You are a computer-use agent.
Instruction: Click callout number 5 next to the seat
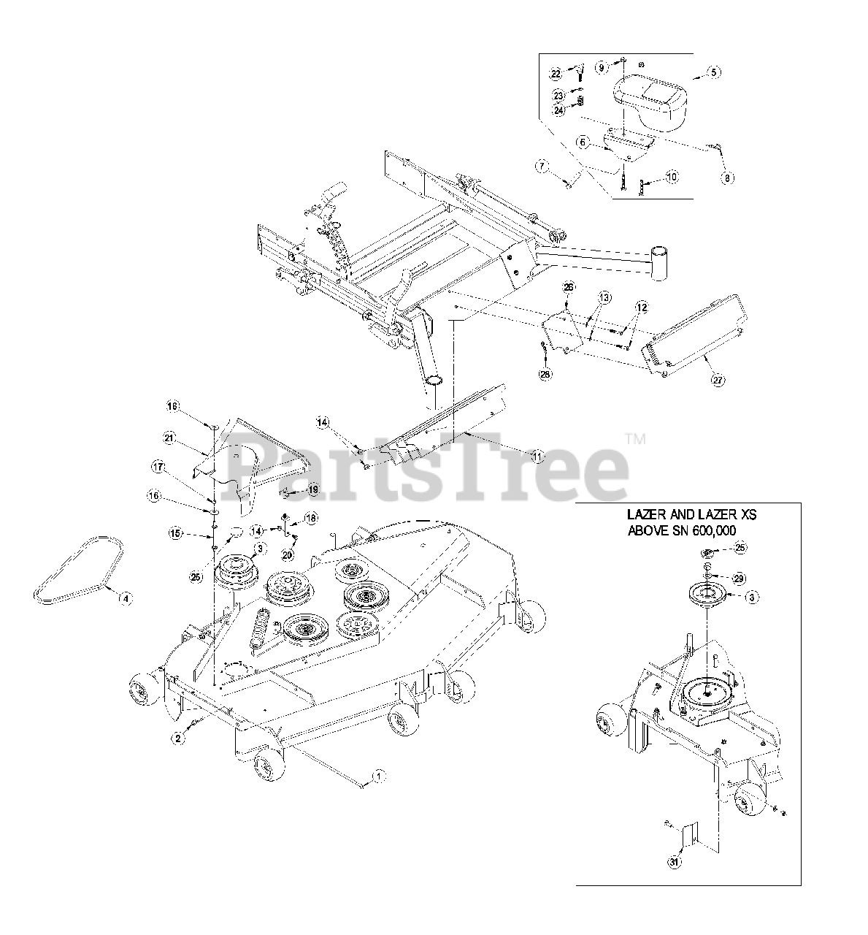click(x=714, y=72)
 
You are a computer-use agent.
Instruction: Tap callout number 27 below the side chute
click(x=718, y=381)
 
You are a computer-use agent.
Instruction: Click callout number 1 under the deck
click(x=377, y=777)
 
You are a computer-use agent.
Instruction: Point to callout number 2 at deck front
click(x=176, y=738)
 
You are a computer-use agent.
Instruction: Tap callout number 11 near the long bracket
click(x=537, y=457)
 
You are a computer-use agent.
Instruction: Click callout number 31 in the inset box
click(x=672, y=862)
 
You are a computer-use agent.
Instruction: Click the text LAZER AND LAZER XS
click(x=691, y=515)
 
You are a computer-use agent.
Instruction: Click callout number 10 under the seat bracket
click(x=671, y=178)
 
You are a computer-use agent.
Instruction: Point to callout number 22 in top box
click(x=556, y=74)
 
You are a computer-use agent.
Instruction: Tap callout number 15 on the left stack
click(x=175, y=534)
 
